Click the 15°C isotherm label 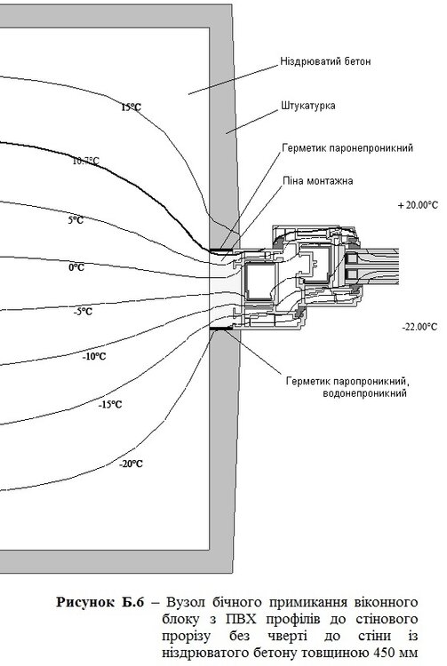pyautogui.click(x=131, y=107)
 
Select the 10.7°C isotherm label pyautogui.click(x=85, y=162)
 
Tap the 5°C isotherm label pyautogui.click(x=76, y=219)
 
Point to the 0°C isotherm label pyautogui.click(x=76, y=266)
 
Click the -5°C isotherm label pyautogui.click(x=83, y=312)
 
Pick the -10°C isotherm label pyautogui.click(x=94, y=357)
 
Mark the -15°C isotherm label pyautogui.click(x=109, y=404)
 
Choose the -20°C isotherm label pyautogui.click(x=130, y=464)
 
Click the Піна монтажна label pyautogui.click(x=317, y=180)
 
